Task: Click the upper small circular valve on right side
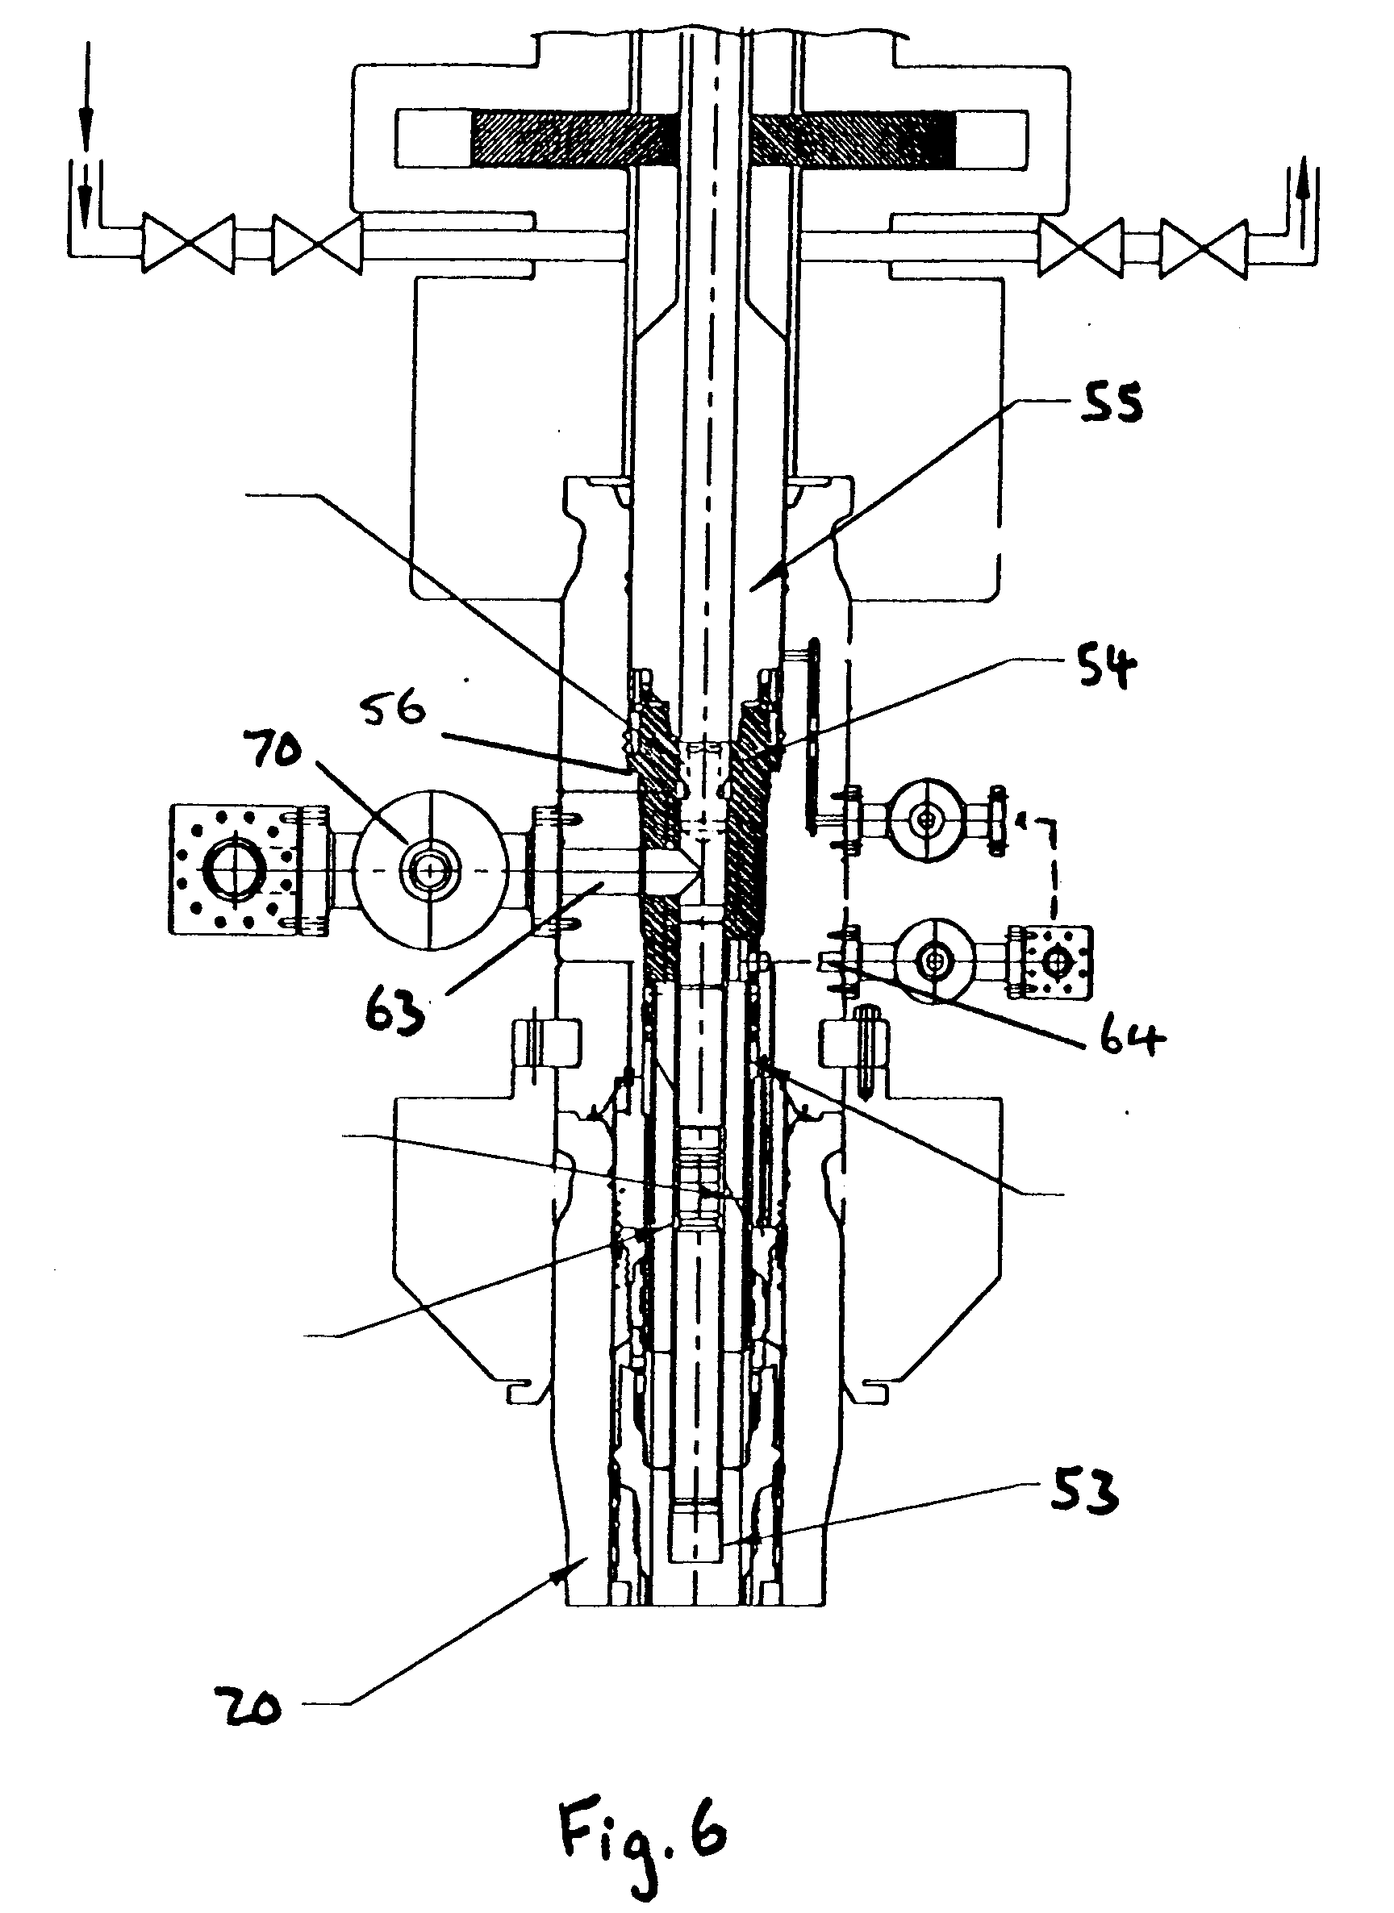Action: pyautogui.click(x=929, y=818)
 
